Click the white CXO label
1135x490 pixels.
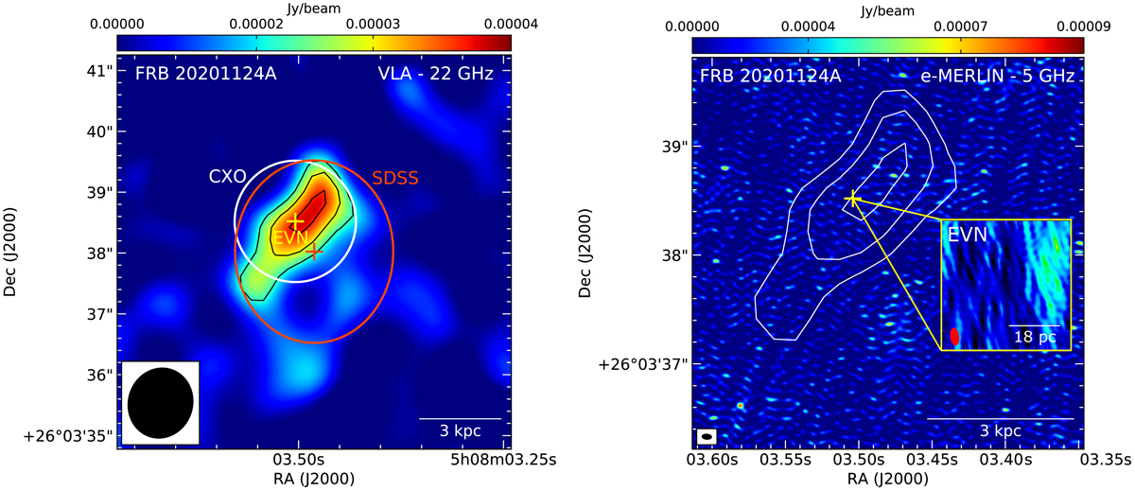[x=227, y=176]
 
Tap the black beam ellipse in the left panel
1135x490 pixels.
[x=161, y=401]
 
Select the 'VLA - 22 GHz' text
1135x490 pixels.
[x=440, y=74]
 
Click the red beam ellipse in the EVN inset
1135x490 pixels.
[x=954, y=336]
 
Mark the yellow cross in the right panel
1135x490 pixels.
[x=852, y=198]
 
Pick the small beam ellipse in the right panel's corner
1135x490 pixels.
[x=706, y=436]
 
